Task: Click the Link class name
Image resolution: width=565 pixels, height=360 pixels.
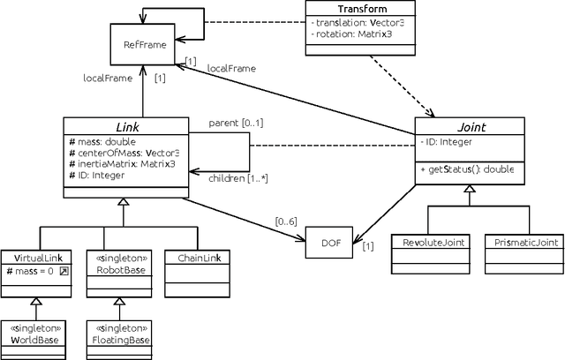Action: (125, 127)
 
